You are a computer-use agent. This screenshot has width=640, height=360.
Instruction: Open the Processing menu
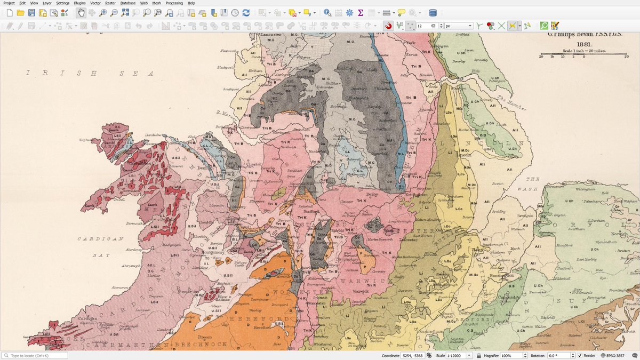click(x=174, y=3)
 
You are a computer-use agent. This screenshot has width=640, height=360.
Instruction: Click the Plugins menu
click(x=79, y=3)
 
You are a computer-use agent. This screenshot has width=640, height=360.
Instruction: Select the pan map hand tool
click(x=81, y=13)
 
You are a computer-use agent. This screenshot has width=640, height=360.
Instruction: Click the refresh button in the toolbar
click(x=246, y=13)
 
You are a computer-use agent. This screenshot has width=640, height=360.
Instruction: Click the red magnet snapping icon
click(x=388, y=26)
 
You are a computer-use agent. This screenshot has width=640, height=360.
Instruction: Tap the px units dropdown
click(x=459, y=26)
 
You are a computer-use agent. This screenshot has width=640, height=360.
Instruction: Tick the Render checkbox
click(x=580, y=356)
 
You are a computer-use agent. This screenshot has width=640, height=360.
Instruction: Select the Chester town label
click(x=253, y=165)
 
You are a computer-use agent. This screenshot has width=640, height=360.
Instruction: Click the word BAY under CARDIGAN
click(x=100, y=256)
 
